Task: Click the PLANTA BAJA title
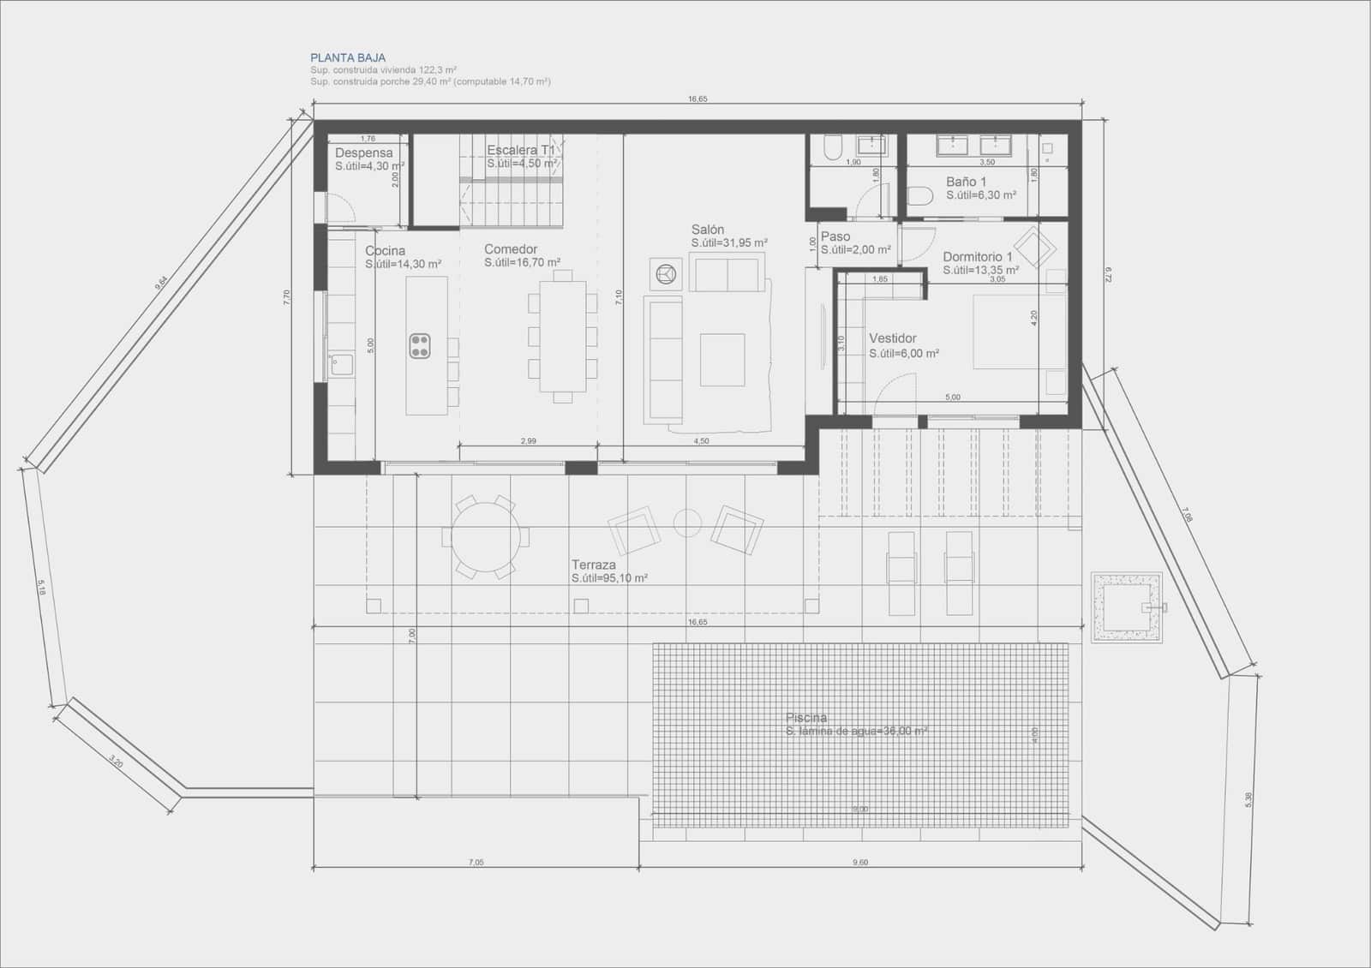pos(348,58)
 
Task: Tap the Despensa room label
pos(364,153)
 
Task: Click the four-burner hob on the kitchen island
pos(420,345)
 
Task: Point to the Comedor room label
pos(511,249)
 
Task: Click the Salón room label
pos(708,230)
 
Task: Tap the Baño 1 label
pos(966,182)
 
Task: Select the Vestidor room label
pos(893,338)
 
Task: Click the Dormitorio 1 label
pos(978,257)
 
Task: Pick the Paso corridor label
pos(835,236)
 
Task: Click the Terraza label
pos(594,565)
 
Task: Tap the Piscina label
pos(806,718)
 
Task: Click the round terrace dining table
pos(485,537)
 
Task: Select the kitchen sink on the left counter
pos(341,365)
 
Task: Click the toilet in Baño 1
pos(919,197)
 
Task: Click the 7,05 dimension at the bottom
pos(476,863)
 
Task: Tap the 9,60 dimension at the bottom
pos(860,863)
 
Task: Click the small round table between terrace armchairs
pos(687,523)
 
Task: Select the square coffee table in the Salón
pos(722,360)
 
